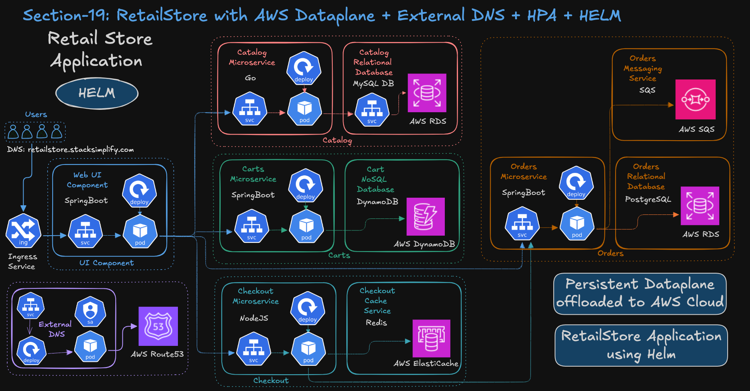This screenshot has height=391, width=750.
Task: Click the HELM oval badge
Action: [x=97, y=93]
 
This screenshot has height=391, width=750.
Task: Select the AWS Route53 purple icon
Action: [x=158, y=326]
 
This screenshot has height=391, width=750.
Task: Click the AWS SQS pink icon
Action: [x=695, y=99]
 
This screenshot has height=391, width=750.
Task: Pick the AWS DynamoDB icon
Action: [x=425, y=216]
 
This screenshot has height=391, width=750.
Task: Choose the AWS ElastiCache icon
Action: [x=431, y=338]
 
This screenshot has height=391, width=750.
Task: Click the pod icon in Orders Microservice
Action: [x=577, y=224]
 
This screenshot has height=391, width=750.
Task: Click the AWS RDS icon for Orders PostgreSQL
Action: [x=700, y=206]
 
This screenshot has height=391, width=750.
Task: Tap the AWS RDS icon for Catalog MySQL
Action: [x=427, y=93]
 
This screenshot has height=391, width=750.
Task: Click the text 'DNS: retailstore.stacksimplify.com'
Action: [x=70, y=149]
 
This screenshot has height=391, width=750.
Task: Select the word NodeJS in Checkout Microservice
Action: [x=254, y=318]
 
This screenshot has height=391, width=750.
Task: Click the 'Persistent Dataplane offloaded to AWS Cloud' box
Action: [x=640, y=294]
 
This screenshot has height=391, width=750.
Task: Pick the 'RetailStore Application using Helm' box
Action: [x=641, y=345]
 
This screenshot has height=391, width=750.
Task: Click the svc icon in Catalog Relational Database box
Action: [x=372, y=110]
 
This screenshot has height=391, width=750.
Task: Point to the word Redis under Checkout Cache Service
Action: [x=376, y=322]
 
